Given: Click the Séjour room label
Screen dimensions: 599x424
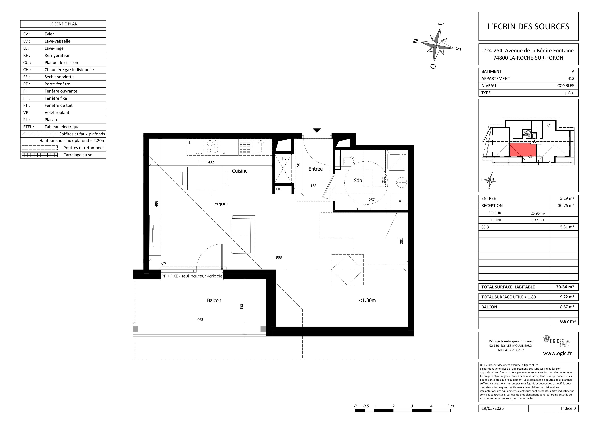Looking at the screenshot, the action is coord(221,204).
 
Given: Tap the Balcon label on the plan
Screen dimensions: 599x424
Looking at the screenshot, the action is coord(214,301).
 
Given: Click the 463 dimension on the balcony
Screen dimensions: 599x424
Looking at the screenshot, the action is coord(200,320).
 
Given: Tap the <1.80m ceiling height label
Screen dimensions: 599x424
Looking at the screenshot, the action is coord(367,301).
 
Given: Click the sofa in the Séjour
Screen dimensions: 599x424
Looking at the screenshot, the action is coord(243,236).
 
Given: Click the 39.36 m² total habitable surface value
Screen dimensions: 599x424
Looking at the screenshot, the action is coord(565,287).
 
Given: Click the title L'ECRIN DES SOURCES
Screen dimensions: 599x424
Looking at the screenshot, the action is coord(528,26).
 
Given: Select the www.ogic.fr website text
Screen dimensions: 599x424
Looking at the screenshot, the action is coord(557,353).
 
